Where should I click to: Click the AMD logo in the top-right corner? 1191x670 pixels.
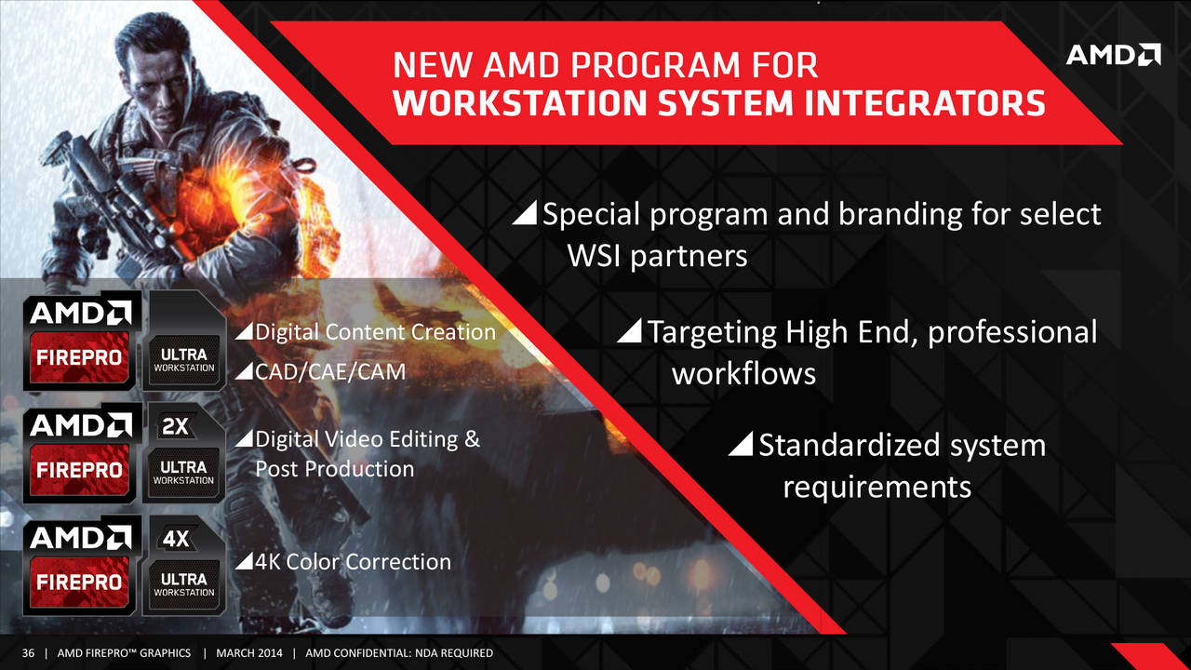point(1114,55)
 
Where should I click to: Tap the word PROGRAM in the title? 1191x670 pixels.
point(655,65)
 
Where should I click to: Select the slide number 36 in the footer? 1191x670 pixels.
point(28,653)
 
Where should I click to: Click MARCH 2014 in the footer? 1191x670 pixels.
point(249,653)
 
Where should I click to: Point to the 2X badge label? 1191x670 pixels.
point(176,426)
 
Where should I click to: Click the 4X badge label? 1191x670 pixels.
point(176,539)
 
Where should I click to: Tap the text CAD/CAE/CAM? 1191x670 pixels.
point(330,371)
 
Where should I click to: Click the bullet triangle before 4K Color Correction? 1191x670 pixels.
point(244,560)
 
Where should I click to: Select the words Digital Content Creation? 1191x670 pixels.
point(375,332)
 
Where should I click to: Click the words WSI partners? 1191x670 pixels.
point(658,256)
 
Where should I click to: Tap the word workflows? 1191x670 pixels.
point(743,373)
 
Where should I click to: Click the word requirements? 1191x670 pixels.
point(877,488)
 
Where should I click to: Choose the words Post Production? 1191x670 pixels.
point(334,469)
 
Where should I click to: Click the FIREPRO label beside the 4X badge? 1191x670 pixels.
point(79,583)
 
